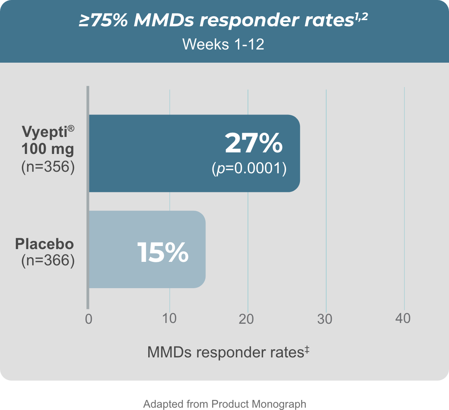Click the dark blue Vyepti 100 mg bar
coord(155,153)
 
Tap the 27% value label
coord(254,143)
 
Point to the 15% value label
coord(163,252)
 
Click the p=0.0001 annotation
coord(249,168)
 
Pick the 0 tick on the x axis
coord(89,319)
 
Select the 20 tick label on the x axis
coord(247,319)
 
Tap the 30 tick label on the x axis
coord(326,319)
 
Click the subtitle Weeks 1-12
coord(223,44)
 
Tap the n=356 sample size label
coord(47,168)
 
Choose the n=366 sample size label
coord(47,260)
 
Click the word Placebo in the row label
coord(44,244)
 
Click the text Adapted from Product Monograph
coord(224,404)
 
